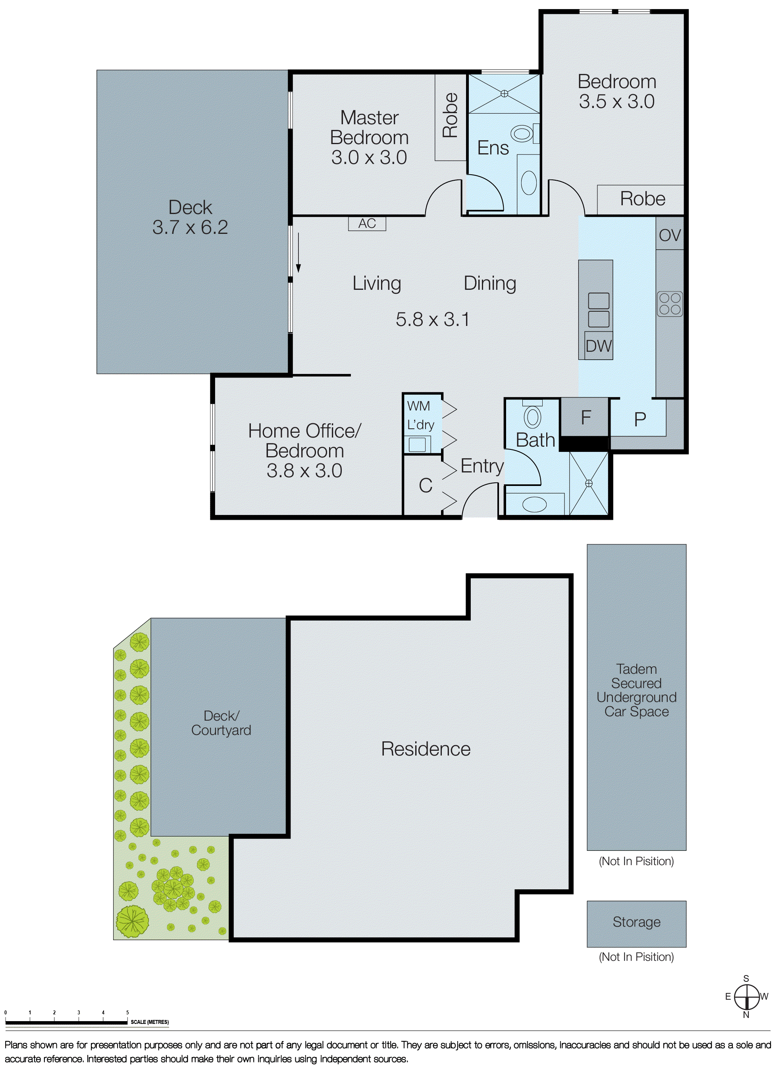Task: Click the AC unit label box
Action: click(x=367, y=224)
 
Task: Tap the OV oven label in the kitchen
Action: click(x=670, y=235)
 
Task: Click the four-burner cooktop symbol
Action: click(x=670, y=304)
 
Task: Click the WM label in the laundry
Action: click(x=418, y=406)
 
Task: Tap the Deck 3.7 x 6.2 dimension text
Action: click(x=190, y=227)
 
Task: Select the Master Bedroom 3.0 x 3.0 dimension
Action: click(x=369, y=157)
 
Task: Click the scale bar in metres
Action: click(x=66, y=1022)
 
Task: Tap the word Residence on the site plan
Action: click(x=426, y=749)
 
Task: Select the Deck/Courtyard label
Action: click(x=221, y=723)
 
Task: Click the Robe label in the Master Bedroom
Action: click(x=450, y=115)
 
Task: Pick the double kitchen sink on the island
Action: click(x=598, y=310)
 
